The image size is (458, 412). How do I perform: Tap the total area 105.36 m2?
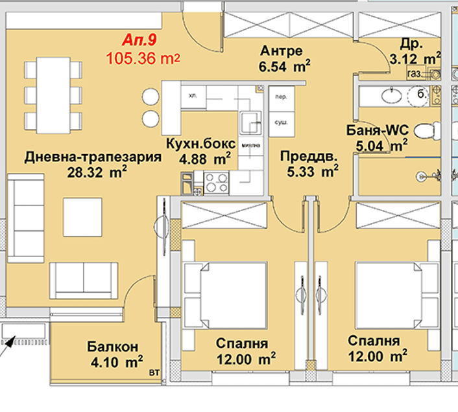pos(142,59)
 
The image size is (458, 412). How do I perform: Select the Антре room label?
pos(280,51)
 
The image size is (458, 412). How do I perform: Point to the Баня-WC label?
pos(377,132)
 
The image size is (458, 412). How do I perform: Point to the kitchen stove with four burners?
pos(217,182)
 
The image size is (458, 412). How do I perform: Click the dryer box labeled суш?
pos(282,121)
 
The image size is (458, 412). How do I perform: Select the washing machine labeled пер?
pos(282,97)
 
